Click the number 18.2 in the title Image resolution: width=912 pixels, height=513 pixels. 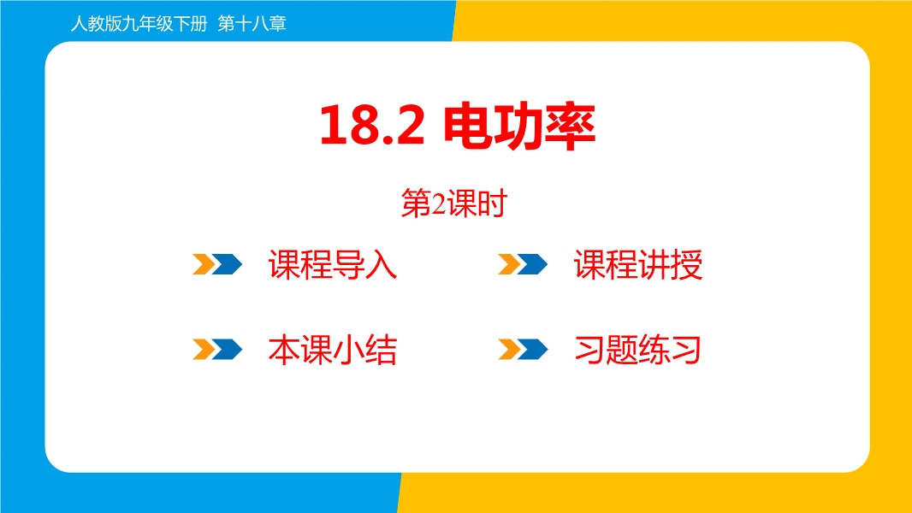click(x=372, y=126)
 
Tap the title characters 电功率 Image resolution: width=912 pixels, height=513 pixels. click(x=519, y=126)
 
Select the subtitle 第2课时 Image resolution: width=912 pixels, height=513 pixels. click(x=453, y=204)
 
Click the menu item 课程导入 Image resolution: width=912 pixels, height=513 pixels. click(x=333, y=265)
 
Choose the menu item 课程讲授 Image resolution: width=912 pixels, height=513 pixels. click(x=638, y=265)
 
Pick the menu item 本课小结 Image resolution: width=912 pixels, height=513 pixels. click(x=333, y=350)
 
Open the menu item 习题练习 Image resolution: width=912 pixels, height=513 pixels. click(x=637, y=350)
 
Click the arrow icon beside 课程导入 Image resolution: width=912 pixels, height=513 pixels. click(x=217, y=263)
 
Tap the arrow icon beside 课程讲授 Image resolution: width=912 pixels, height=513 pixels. click(x=523, y=263)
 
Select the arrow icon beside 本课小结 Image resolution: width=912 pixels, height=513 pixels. click(x=217, y=349)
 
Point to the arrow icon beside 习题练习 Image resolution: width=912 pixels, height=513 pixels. click(x=523, y=349)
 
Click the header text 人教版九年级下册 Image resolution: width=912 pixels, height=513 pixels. click(x=139, y=23)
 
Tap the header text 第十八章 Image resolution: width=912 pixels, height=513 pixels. click(x=252, y=23)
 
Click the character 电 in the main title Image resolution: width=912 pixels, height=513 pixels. click(x=469, y=126)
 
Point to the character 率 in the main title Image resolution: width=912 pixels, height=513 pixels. click(x=571, y=126)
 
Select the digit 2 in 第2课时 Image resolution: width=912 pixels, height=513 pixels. click(x=439, y=204)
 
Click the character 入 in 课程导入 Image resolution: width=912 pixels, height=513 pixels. click(x=382, y=265)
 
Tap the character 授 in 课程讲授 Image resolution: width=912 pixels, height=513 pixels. click(x=686, y=265)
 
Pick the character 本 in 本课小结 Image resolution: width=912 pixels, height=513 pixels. click(x=284, y=350)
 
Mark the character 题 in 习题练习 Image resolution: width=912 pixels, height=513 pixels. click(x=622, y=350)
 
